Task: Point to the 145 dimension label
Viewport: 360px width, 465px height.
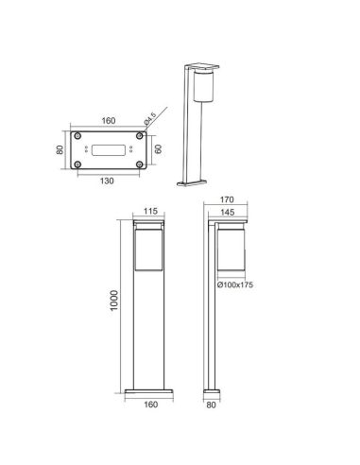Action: tap(227, 214)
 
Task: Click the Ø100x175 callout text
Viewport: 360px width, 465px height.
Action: tap(236, 284)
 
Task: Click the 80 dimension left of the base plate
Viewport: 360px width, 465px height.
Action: tap(60, 149)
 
